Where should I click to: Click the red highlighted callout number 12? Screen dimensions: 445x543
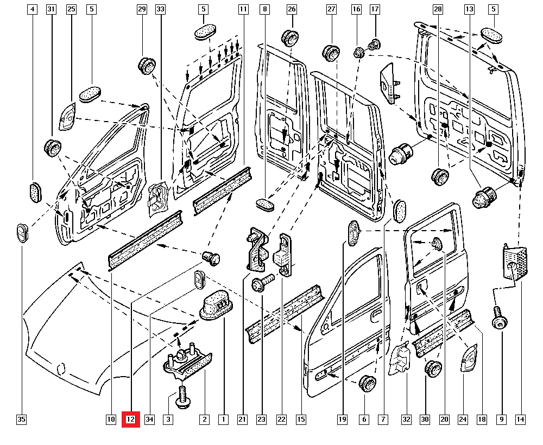pyautogui.click(x=130, y=419)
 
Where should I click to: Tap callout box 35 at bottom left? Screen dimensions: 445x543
pyautogui.click(x=21, y=419)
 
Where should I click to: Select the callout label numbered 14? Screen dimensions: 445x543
pyautogui.click(x=521, y=419)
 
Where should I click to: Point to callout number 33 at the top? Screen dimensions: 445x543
pyautogui.click(x=160, y=9)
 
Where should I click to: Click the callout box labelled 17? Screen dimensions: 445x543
pyautogui.click(x=375, y=9)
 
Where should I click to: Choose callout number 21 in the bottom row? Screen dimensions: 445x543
pyautogui.click(x=242, y=419)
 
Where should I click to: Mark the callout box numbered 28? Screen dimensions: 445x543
pyautogui.click(x=438, y=9)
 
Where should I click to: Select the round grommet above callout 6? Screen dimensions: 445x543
pyautogui.click(x=368, y=383)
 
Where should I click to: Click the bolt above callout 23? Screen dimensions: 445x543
pyautogui.click(x=260, y=284)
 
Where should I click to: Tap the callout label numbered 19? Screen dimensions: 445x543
pyautogui.click(x=342, y=419)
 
